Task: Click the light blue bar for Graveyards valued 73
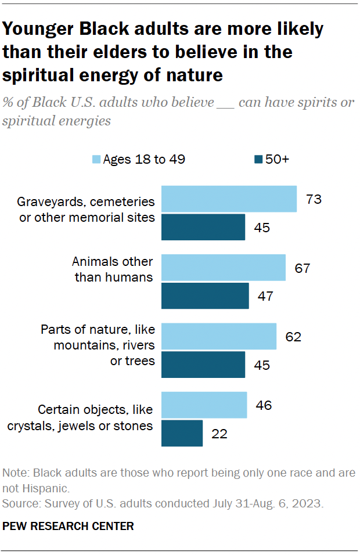pyautogui.click(x=229, y=199)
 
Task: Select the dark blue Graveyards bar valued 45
pyautogui.click(x=203, y=227)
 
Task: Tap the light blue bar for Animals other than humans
pyautogui.click(x=223, y=268)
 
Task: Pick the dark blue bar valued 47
pyautogui.click(x=205, y=296)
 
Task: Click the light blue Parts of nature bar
pyautogui.click(x=218, y=337)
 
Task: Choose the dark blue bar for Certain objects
pyautogui.click(x=182, y=433)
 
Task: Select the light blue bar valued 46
pyautogui.click(x=204, y=405)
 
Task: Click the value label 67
pyautogui.click(x=302, y=269)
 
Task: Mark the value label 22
pyautogui.click(x=219, y=434)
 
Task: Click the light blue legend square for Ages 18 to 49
pyautogui.click(x=96, y=160)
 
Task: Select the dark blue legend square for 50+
pyautogui.click(x=258, y=160)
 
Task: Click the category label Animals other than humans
pyautogui.click(x=113, y=269)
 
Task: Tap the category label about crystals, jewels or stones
pyautogui.click(x=80, y=418)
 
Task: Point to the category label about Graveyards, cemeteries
pyautogui.click(x=86, y=210)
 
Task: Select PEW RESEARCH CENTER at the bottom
pyautogui.click(x=69, y=526)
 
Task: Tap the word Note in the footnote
pyautogui.click(x=15, y=473)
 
